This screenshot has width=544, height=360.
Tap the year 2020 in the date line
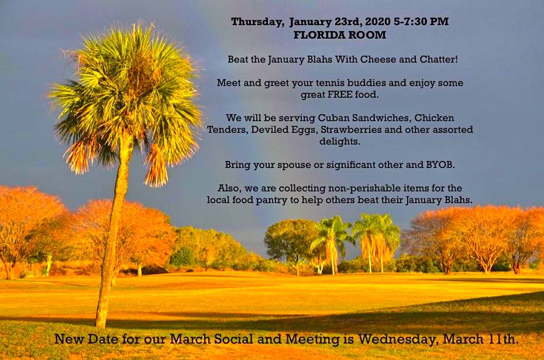pos(378,22)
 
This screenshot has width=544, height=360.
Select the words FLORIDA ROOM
pos(340,35)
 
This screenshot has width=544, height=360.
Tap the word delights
pos(340,142)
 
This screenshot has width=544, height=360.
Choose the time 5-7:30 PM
pos(421,22)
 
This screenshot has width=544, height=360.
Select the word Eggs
pos(304,130)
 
